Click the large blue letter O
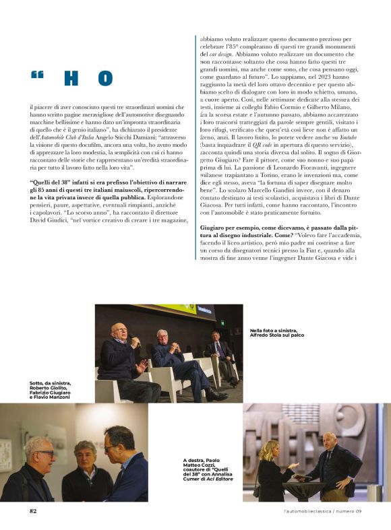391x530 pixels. click(104, 79)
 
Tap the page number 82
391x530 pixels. click(33, 510)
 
